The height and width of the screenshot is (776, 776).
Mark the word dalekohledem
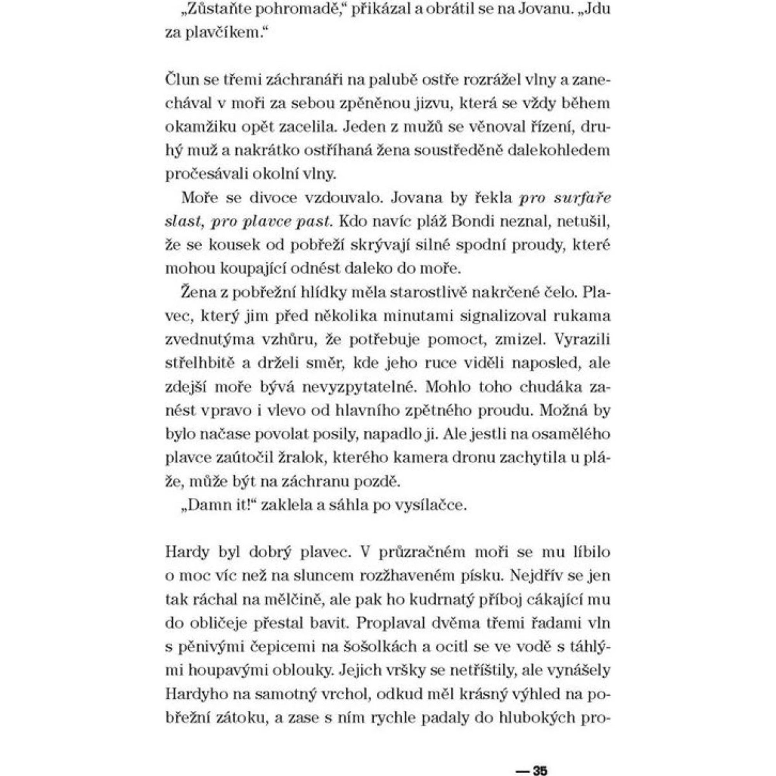pyautogui.click(x=559, y=151)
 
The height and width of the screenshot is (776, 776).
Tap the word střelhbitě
pyautogui.click(x=199, y=364)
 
